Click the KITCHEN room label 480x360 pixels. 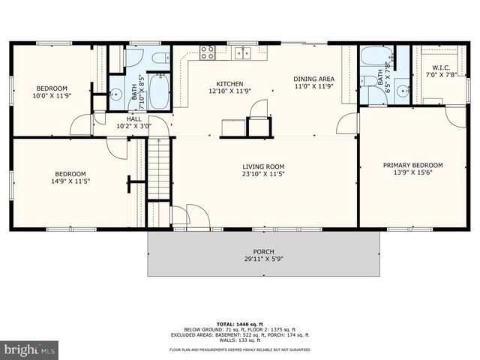(229, 83)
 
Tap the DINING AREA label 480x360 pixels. (313, 79)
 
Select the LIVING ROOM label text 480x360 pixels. (263, 166)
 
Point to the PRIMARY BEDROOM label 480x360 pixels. (412, 165)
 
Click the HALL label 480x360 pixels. (133, 118)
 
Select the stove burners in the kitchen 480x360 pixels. (207, 52)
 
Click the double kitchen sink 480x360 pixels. (241, 52)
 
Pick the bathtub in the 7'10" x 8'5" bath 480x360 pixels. (159, 91)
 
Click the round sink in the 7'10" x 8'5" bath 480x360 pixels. (115, 94)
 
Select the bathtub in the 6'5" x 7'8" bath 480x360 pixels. (373, 57)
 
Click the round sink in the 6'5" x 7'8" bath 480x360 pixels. (403, 91)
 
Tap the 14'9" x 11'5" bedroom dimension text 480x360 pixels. (69, 181)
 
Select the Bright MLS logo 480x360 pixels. (30, 350)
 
